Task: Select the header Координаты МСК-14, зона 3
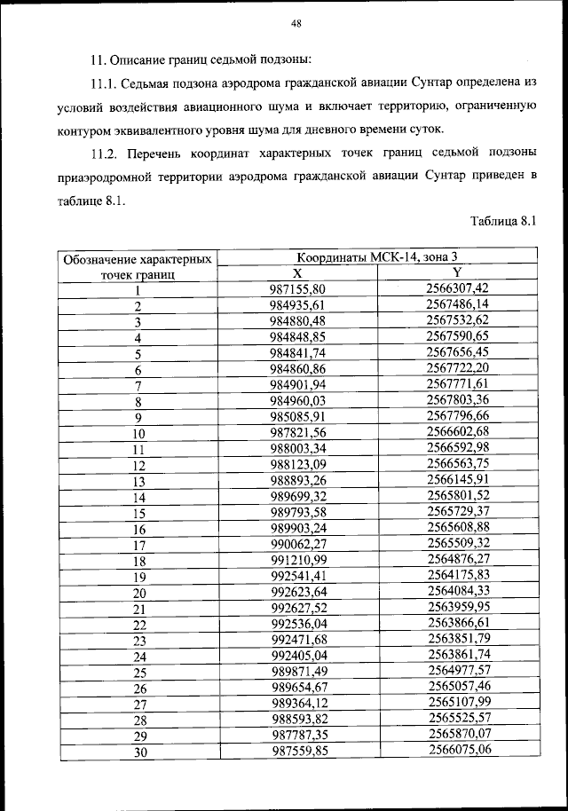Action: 377,257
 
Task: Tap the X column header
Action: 297,273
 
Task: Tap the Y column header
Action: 457,272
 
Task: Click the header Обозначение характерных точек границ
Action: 138,266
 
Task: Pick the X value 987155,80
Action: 298,289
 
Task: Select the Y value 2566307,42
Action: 457,288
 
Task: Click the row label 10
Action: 138,434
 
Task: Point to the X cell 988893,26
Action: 298,481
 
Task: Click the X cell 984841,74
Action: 298,353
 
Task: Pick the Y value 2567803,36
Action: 458,400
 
